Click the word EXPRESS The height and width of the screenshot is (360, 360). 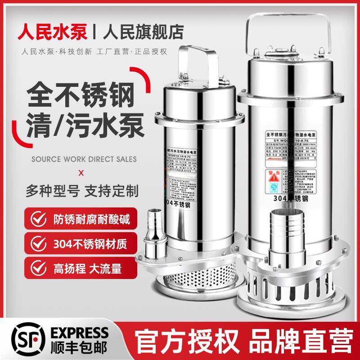pyautogui.click(x=60, y=330)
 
